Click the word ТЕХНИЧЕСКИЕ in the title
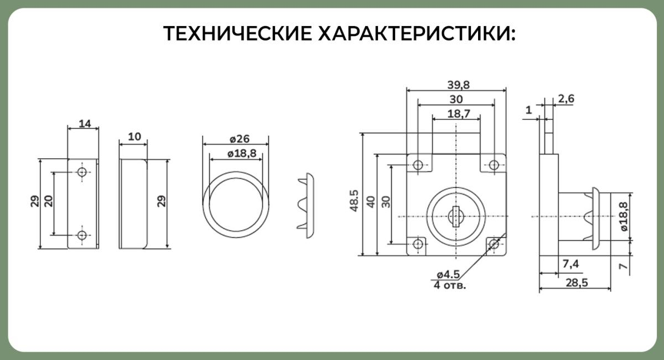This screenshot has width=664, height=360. click(x=237, y=33)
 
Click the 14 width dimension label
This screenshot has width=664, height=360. click(x=85, y=123)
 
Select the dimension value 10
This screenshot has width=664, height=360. click(x=134, y=137)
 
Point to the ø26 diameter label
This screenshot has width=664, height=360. click(x=240, y=139)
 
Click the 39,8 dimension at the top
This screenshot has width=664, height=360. click(x=459, y=85)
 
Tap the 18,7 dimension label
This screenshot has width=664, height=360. click(x=459, y=113)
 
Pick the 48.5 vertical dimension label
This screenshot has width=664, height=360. click(x=354, y=201)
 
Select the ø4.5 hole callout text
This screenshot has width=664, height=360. click(x=449, y=275)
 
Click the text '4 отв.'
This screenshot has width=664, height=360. click(x=450, y=285)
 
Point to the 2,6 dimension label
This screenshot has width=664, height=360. click(x=566, y=98)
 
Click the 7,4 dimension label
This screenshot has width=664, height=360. click(x=570, y=264)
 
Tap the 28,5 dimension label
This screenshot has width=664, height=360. click(x=577, y=283)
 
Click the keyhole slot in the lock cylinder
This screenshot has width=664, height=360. click(x=456, y=217)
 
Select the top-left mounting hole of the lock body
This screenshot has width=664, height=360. click(x=418, y=165)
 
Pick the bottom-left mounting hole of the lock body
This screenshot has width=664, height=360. click(x=418, y=244)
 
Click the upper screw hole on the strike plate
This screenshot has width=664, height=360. click(x=82, y=171)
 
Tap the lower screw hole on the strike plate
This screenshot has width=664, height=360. click(x=82, y=235)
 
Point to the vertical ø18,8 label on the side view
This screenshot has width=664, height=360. click(x=623, y=217)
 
